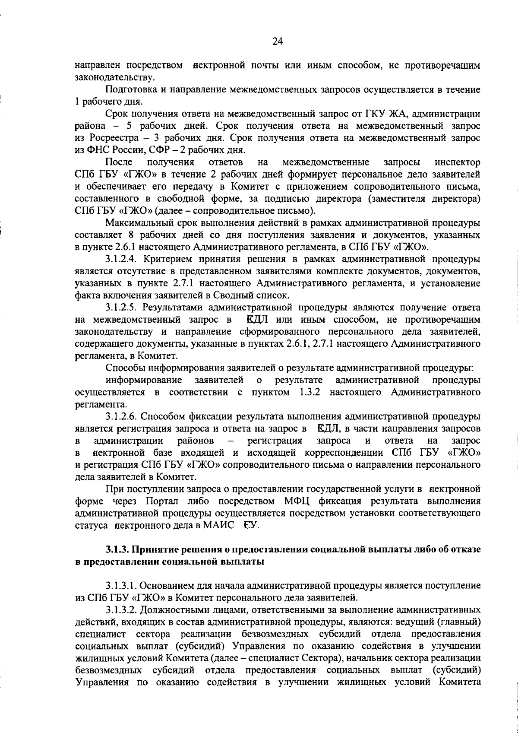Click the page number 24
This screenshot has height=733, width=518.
[277, 41]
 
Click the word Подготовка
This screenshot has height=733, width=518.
[128, 90]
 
